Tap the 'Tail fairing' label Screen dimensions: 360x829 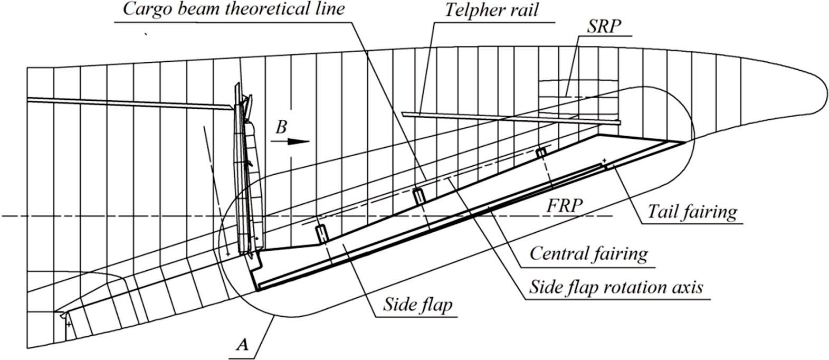click(692, 212)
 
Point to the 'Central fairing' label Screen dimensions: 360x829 click(588, 253)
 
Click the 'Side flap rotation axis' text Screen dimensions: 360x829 click(617, 288)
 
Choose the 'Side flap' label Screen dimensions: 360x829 click(417, 306)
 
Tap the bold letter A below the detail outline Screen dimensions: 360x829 click(242, 345)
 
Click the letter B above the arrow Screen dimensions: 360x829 click(282, 127)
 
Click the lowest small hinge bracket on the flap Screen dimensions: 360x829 click(321, 234)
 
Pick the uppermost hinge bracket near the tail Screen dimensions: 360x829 click(541, 153)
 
